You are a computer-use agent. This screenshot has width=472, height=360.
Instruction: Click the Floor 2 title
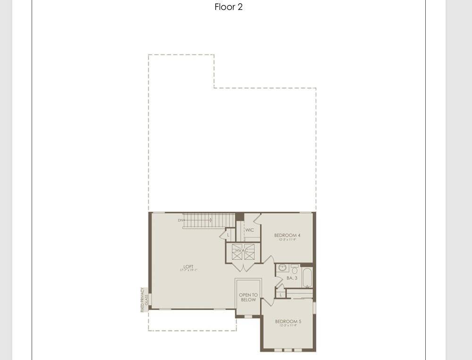click(x=228, y=7)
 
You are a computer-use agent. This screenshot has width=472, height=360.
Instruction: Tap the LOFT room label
click(x=188, y=267)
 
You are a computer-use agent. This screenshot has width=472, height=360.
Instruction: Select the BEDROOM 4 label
click(x=287, y=235)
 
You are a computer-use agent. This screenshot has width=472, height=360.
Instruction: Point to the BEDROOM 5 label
click(x=288, y=321)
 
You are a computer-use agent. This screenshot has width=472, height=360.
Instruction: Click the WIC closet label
click(x=250, y=230)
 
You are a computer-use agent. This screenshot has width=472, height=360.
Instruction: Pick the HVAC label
click(x=243, y=251)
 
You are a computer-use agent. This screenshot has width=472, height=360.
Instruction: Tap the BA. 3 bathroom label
click(x=292, y=278)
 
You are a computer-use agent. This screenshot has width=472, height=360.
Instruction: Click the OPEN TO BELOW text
click(x=248, y=297)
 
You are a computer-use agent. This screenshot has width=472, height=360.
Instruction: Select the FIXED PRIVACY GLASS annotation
click(x=144, y=299)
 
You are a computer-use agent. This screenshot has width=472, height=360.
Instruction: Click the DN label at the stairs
click(x=180, y=220)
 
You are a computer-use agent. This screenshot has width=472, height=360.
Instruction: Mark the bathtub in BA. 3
click(x=307, y=277)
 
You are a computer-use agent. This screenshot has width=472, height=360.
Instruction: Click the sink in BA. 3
click(x=282, y=268)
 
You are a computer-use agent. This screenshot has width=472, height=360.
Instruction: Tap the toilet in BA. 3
click(x=295, y=269)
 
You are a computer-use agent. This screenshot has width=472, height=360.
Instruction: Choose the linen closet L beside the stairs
click(x=228, y=234)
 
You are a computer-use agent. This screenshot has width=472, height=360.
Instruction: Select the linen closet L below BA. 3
click(x=281, y=295)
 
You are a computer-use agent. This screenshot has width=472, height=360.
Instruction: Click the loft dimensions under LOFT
click(x=188, y=271)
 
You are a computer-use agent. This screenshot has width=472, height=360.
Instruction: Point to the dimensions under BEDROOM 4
click(x=287, y=240)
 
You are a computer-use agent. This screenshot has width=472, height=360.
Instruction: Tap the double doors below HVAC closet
click(x=243, y=267)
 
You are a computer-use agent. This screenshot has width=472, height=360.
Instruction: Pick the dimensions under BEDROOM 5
click(x=288, y=326)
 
